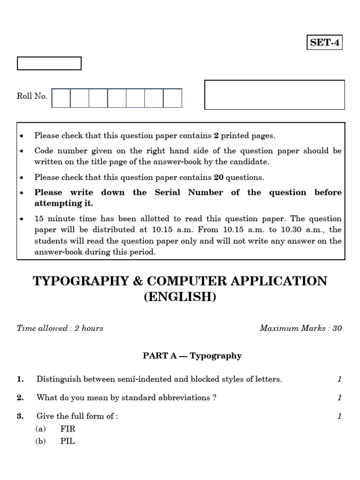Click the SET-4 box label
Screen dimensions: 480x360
click(324, 43)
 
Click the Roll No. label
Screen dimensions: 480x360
click(32, 96)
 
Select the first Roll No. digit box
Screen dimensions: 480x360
click(61, 98)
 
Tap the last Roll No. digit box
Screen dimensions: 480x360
click(172, 98)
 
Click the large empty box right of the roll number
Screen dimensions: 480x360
click(275, 95)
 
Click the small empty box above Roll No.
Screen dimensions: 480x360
click(49, 63)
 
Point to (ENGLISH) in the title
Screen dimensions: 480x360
click(180, 297)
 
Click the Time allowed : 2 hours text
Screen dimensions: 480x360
click(60, 328)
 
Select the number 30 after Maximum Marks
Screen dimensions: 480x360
click(337, 328)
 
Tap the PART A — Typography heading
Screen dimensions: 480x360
click(192, 356)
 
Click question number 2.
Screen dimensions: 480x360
click(20, 397)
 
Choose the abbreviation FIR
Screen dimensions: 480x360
click(68, 428)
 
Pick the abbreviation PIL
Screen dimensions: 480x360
click(67, 441)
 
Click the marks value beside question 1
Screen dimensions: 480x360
click(340, 379)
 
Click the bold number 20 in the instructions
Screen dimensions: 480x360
click(218, 177)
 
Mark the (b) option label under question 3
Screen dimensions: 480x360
click(40, 441)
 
